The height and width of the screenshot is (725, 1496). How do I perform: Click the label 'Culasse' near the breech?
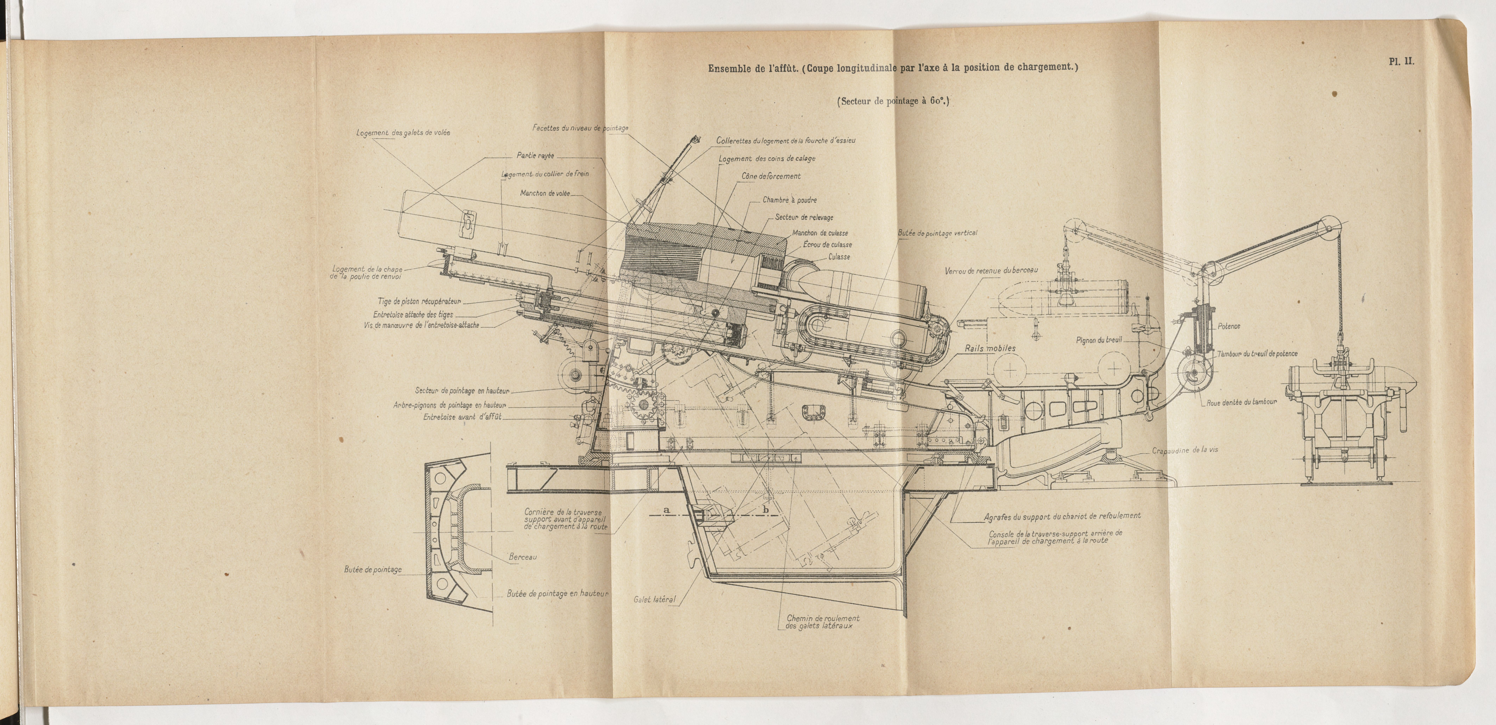[x=839, y=257]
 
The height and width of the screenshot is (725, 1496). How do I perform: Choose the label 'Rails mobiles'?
[x=990, y=349]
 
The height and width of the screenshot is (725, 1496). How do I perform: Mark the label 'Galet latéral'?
[x=655, y=599]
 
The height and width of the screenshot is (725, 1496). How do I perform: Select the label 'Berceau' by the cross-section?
[x=523, y=557]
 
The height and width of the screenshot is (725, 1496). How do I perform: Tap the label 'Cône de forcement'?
[x=771, y=176]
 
